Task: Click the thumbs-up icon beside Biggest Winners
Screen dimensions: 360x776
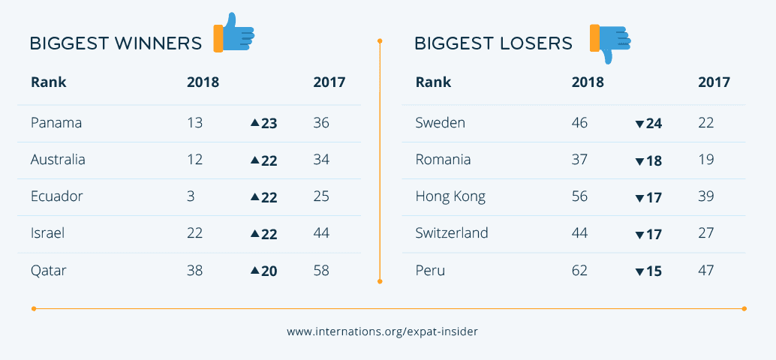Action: [234, 34]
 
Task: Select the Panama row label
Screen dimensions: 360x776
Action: [56, 123]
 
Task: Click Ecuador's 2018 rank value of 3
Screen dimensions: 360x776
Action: [191, 196]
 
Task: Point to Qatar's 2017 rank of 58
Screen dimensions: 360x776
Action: [321, 270]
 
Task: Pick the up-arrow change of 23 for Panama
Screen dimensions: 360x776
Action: [264, 123]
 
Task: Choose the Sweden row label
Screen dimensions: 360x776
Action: [441, 123]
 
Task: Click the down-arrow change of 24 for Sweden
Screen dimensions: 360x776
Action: [648, 123]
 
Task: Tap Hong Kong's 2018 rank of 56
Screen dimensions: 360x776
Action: [579, 196]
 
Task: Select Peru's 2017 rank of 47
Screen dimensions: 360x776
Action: [706, 270]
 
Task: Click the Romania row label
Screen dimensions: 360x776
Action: [443, 160]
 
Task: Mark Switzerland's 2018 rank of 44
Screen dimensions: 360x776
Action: [579, 233]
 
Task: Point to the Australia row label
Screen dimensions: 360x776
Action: [58, 160]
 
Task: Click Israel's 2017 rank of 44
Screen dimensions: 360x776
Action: [321, 233]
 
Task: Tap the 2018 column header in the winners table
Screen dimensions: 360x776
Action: [203, 82]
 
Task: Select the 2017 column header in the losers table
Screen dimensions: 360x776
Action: [714, 82]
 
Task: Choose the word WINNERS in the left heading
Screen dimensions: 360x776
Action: [158, 43]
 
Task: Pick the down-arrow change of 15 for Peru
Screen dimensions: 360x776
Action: [648, 271]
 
